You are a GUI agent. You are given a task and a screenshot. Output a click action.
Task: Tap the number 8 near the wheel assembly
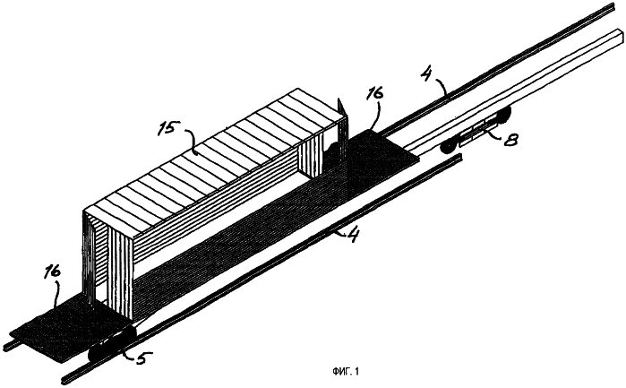point(511,140)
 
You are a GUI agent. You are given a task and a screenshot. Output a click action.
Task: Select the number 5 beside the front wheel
point(142,358)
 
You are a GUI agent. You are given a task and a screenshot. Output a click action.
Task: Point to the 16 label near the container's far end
point(375,93)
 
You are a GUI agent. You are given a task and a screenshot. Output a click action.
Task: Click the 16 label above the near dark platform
point(52,272)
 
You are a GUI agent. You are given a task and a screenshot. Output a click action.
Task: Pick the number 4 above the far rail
point(427,73)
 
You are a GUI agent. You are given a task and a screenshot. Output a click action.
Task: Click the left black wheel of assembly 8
point(450,148)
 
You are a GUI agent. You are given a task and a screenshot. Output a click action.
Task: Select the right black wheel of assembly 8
point(504,116)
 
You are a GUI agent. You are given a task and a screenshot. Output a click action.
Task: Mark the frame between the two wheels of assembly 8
point(477,131)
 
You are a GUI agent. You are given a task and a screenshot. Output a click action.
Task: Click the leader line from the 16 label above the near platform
point(58,295)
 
